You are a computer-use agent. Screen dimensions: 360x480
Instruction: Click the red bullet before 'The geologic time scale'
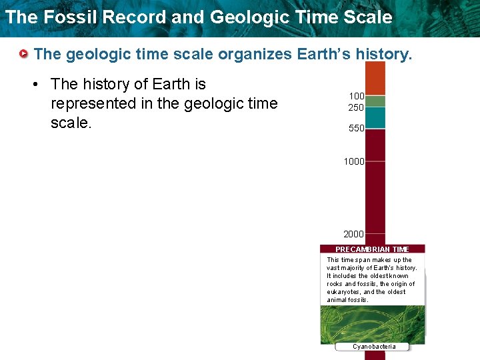point(24,53)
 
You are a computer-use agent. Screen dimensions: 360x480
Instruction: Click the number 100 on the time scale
point(356,97)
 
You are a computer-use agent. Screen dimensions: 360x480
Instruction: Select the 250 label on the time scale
point(356,107)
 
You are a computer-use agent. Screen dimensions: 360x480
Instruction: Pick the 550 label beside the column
point(356,129)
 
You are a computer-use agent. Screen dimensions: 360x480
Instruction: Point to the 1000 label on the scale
point(353,161)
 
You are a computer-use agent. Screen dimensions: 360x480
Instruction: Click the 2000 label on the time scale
point(353,234)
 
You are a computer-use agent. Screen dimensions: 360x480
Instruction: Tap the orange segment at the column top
point(375,78)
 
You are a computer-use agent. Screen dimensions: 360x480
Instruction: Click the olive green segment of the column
point(375,101)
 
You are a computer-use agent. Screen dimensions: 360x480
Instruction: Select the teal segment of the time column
point(375,117)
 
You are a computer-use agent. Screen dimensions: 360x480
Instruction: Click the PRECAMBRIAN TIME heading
point(372,249)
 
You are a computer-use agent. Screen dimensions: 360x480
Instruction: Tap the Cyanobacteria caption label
point(374,346)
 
